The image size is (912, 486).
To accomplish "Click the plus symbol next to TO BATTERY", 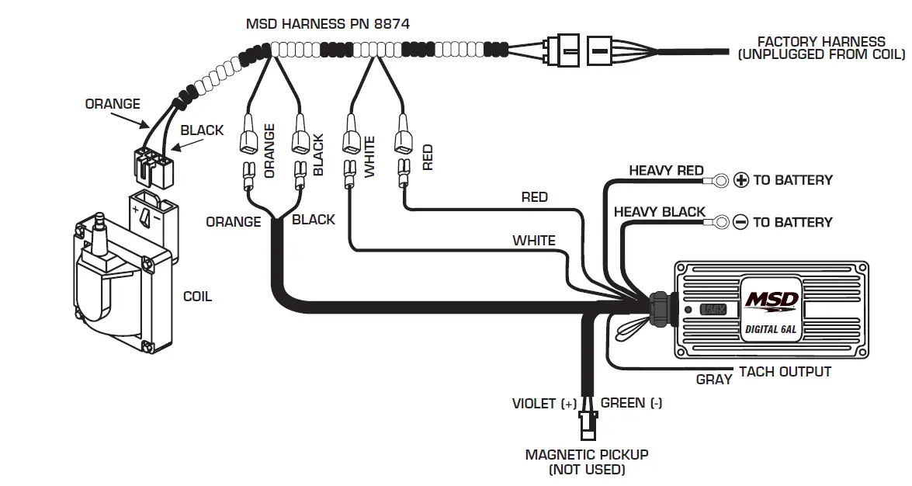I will point(741,180).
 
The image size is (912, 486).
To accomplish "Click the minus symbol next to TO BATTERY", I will point(740,222).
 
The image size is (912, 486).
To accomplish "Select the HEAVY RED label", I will point(666,171).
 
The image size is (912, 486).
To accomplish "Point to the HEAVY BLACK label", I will point(659,212).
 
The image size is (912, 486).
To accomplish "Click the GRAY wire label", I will point(714,380).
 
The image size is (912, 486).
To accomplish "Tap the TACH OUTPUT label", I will point(785,372).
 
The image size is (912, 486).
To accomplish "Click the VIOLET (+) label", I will point(545,404).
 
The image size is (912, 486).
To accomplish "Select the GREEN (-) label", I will point(631,403).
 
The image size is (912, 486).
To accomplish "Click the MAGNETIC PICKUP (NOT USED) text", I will point(587,462).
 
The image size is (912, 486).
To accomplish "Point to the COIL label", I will point(197,297).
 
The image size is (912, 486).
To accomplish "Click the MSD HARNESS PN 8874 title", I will point(328,24).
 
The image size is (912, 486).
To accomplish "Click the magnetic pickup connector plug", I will point(587,425).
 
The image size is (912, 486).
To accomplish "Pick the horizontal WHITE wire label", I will point(534,241).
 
